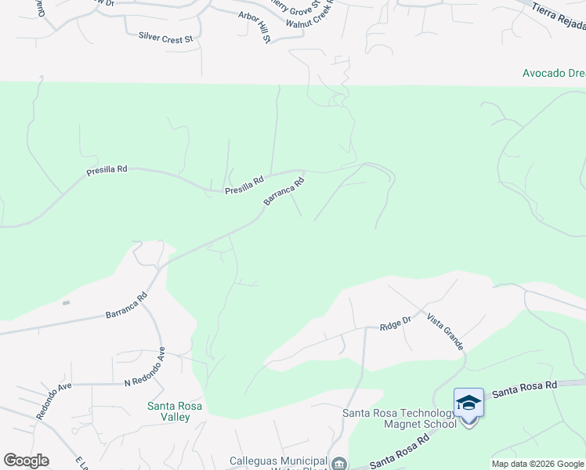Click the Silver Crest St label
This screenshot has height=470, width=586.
[x=165, y=36]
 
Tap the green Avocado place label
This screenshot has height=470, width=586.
[x=554, y=73]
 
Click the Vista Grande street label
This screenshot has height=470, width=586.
[x=445, y=331]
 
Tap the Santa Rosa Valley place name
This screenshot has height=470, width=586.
[x=175, y=411]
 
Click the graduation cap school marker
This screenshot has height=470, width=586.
[x=468, y=403]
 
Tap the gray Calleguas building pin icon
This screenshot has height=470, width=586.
[x=339, y=464]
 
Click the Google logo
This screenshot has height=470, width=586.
[x=26, y=461]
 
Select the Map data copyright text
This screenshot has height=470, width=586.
[x=538, y=464]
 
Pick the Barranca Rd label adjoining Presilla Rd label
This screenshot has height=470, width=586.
[x=284, y=192]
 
